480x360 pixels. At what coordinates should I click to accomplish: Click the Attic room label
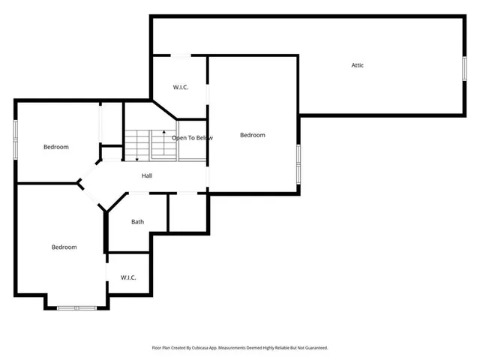coord(358,65)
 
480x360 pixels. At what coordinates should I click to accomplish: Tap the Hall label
coord(147,175)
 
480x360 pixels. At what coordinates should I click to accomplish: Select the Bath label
coord(138,221)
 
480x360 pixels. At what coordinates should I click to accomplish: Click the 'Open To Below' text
coord(192,138)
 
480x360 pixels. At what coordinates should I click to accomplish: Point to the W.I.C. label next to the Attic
coord(180,88)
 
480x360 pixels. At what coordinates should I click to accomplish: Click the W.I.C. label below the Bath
coord(128,277)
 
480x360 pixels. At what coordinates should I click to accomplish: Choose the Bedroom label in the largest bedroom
coord(253,135)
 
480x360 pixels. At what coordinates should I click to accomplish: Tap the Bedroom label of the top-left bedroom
coord(55,147)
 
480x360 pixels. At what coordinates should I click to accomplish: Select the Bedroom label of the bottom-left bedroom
coord(64,247)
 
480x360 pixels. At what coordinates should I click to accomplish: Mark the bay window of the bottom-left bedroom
coord(76,307)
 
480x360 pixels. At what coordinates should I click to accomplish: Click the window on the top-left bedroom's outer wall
coord(16,139)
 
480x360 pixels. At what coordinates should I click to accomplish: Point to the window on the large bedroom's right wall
coord(298,164)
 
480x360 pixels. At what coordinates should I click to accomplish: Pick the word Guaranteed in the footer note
coord(315,348)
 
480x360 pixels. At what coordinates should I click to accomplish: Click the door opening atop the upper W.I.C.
coord(180,55)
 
